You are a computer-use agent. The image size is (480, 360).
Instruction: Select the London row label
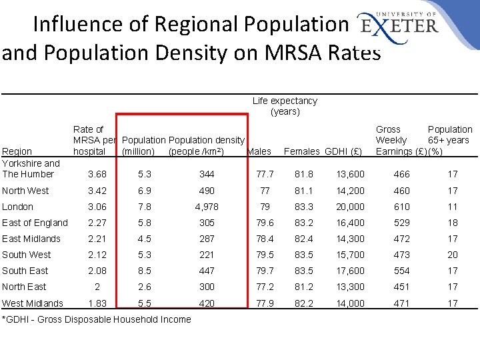(17, 207)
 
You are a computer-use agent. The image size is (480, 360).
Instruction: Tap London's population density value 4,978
(207, 207)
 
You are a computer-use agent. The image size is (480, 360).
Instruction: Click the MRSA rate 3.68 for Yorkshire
(98, 174)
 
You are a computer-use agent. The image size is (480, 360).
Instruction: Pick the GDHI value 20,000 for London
(350, 207)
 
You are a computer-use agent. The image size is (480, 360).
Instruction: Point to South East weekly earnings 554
(402, 271)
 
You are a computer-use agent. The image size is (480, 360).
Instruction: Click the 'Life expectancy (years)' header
(285, 106)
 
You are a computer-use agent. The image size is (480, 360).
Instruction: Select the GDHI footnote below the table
(97, 319)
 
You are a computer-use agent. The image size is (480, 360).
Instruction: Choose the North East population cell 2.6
(144, 287)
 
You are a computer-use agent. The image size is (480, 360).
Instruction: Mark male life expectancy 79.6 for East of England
(265, 223)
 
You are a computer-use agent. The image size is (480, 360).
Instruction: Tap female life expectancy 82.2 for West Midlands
(305, 303)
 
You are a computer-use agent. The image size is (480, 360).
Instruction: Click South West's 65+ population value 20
(453, 255)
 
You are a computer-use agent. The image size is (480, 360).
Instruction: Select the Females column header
(302, 151)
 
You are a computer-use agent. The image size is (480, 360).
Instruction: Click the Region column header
(17, 151)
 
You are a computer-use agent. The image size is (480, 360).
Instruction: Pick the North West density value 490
(207, 191)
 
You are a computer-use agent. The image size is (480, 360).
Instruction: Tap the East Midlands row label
(31, 239)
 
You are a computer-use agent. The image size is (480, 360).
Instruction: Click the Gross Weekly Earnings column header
(397, 140)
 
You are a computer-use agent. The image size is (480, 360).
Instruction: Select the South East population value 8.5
(144, 271)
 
